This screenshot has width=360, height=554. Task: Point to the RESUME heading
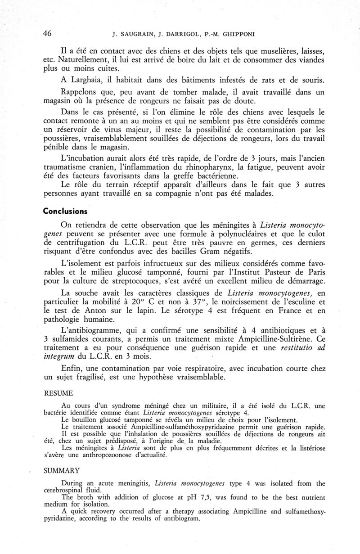56,393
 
